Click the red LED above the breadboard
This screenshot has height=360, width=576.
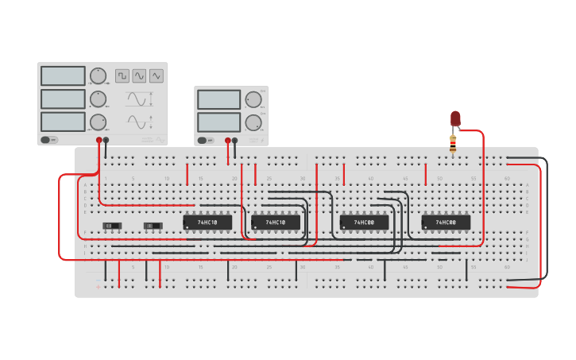(x=455, y=118)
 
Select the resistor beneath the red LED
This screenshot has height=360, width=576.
(x=453, y=144)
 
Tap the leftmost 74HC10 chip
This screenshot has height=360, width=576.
(x=207, y=223)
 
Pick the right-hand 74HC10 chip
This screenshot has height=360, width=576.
(x=276, y=223)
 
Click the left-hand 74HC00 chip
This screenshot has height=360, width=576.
(x=365, y=223)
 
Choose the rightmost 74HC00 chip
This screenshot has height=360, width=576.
(x=446, y=223)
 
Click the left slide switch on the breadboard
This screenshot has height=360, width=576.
(x=112, y=226)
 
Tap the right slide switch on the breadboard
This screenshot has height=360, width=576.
(x=153, y=226)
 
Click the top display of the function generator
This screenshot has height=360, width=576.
(x=63, y=76)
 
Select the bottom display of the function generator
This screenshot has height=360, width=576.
(x=63, y=122)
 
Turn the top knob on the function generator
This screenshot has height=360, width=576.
(x=98, y=76)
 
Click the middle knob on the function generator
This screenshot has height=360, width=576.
(x=98, y=99)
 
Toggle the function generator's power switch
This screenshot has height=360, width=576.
(x=49, y=140)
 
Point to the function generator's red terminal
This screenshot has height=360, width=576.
(x=99, y=140)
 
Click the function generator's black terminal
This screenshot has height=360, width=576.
(x=106, y=140)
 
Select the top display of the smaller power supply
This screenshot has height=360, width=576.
(x=218, y=100)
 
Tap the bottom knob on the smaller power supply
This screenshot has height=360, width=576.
(x=253, y=122)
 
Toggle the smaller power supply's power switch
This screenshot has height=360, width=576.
(x=206, y=141)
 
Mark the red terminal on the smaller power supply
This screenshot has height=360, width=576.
(x=227, y=141)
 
